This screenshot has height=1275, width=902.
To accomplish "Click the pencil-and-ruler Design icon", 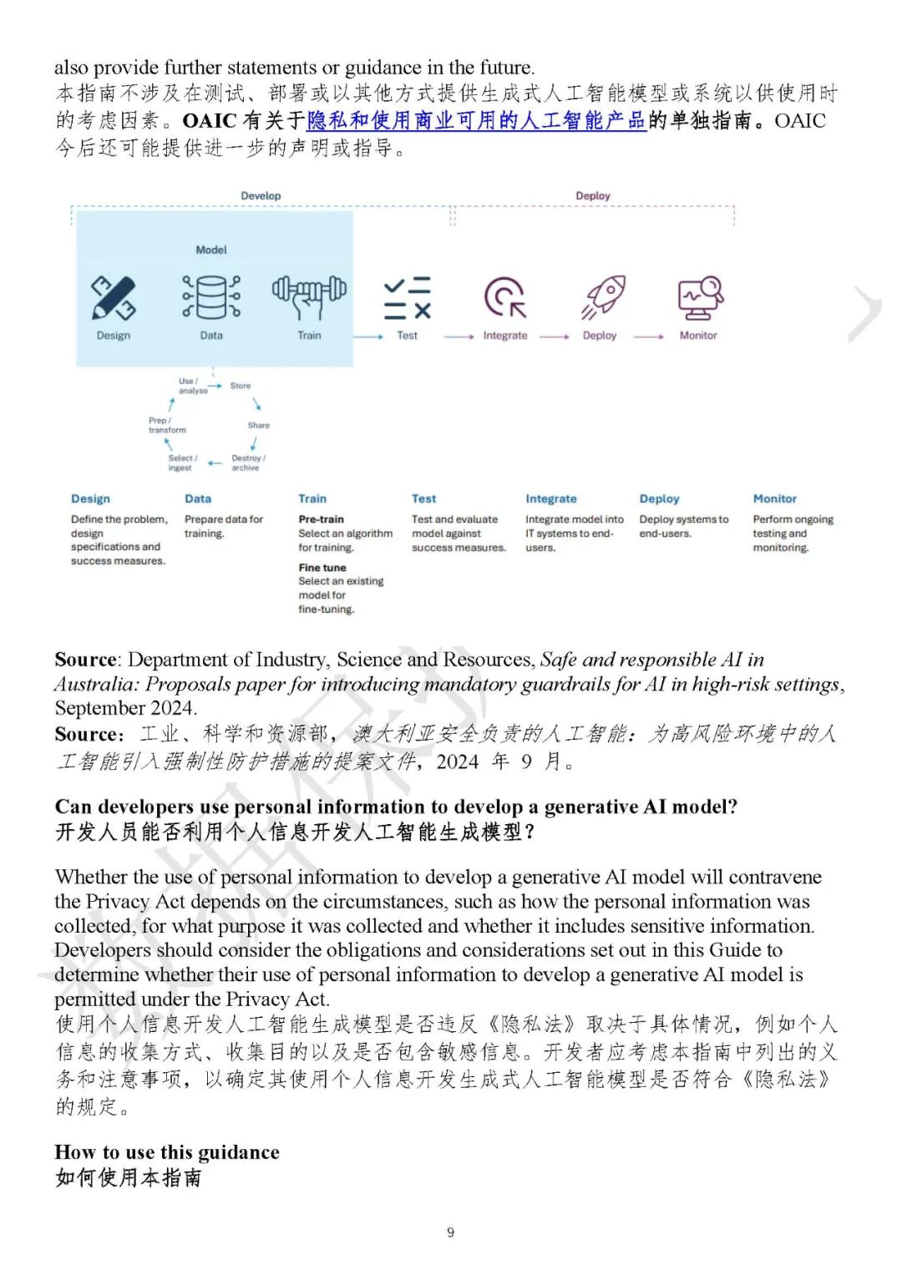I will click(x=113, y=298).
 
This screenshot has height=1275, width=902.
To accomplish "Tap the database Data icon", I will click(x=211, y=297).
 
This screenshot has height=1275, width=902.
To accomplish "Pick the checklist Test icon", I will click(x=407, y=298).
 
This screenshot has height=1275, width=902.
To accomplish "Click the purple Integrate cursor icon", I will click(x=505, y=297).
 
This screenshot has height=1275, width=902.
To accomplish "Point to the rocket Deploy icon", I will click(x=603, y=297).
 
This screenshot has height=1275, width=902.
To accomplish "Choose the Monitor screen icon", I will click(x=700, y=297).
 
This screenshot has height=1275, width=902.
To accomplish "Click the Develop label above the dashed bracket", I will click(x=261, y=195).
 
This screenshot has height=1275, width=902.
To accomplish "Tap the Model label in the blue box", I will click(x=211, y=250).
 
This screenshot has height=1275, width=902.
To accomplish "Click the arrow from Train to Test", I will click(x=368, y=336).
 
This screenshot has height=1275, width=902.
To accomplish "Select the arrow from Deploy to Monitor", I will click(x=649, y=336).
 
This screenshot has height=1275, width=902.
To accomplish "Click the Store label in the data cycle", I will click(x=241, y=386).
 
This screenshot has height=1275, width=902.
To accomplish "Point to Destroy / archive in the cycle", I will click(x=248, y=463).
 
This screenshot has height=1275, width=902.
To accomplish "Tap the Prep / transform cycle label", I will click(x=167, y=425).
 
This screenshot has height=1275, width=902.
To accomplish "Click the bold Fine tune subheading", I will click(x=322, y=568).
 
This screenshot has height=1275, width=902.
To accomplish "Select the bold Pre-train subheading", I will click(x=321, y=519).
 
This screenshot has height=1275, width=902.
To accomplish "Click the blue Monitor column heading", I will click(x=774, y=498).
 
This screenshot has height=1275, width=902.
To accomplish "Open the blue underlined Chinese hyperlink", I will click(x=476, y=121).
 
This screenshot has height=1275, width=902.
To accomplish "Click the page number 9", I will click(x=451, y=1232).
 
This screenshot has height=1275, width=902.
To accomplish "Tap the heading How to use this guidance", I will click(x=167, y=1152).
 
